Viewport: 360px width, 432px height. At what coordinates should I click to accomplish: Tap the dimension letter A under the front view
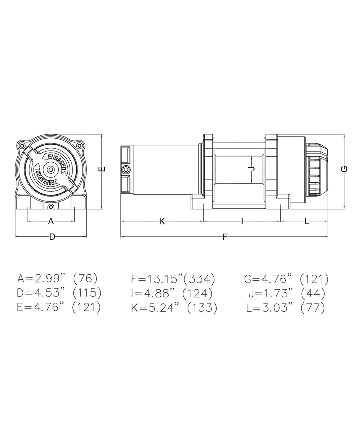tap(51, 221)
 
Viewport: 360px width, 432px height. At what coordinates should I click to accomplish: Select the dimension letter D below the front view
tap(52, 237)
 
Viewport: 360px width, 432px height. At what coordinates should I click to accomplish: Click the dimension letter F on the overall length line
tap(225, 237)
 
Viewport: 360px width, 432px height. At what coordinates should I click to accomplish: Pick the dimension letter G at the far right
tap(345, 169)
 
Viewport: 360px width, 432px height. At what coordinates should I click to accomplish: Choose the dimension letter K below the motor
tap(162, 221)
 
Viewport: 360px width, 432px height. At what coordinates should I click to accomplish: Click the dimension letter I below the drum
tap(242, 221)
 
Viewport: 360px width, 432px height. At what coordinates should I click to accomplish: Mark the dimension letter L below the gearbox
tap(306, 221)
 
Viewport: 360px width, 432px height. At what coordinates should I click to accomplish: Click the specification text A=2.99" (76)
tap(57, 278)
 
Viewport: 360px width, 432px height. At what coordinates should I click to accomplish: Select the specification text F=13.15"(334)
tap(173, 279)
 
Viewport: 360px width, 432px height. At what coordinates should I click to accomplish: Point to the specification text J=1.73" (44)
tap(287, 293)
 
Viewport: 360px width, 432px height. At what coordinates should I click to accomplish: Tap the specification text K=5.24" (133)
tap(174, 308)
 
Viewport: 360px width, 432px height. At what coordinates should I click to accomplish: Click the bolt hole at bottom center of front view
tap(51, 206)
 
